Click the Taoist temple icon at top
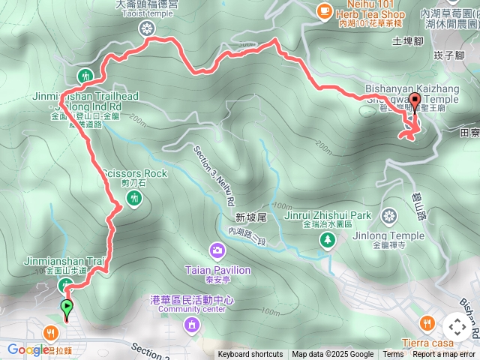[146, 28]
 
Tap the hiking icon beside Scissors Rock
[135, 197]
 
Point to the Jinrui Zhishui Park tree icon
[328, 240]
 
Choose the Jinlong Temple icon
[388, 217]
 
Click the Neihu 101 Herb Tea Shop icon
[323, 10]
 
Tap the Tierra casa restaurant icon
[427, 323]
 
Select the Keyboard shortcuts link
[250, 355]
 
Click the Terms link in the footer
[393, 355]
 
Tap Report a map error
[444, 355]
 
